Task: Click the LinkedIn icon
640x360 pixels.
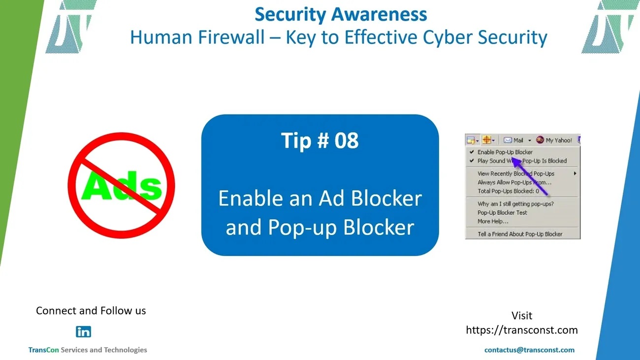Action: point(83,332)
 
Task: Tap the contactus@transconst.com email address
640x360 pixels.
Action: point(529,350)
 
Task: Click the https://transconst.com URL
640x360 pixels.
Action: point(522,330)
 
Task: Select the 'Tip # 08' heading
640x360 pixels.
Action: point(320,140)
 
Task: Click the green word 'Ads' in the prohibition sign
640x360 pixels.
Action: point(122,186)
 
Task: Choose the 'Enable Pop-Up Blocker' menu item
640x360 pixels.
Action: point(505,152)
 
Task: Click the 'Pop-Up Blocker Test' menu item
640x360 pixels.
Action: point(502,213)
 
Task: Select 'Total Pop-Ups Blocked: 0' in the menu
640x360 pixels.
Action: point(508,191)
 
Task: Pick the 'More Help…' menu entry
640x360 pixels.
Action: point(493,222)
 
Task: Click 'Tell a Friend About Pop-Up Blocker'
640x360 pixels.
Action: point(520,234)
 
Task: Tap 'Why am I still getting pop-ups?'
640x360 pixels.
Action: point(516,204)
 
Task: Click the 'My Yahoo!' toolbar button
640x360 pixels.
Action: point(554,140)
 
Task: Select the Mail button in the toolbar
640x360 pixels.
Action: point(513,140)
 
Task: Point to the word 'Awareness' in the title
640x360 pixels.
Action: point(379,14)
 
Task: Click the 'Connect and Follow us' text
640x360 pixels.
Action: point(91,311)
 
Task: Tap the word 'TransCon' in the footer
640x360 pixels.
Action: point(43,350)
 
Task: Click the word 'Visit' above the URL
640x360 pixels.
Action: point(522,316)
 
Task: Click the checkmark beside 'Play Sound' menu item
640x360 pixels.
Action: point(472,161)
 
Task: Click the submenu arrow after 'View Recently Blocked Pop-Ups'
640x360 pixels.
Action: point(575,173)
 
